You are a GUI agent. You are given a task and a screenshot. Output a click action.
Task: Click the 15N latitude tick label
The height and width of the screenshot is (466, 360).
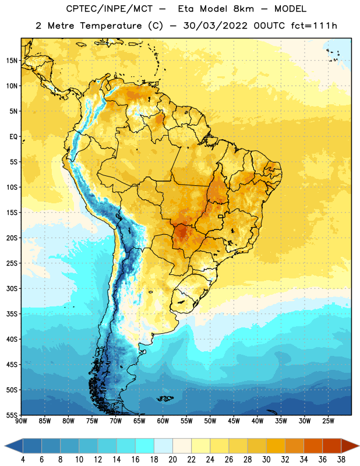coord(12,61)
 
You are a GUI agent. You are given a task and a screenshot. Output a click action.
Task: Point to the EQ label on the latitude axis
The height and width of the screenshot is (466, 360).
coord(13,137)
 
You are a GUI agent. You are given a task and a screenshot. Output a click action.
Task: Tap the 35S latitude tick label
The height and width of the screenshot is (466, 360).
coord(12,314)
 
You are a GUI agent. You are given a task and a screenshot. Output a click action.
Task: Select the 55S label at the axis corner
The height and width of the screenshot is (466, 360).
coord(12,415)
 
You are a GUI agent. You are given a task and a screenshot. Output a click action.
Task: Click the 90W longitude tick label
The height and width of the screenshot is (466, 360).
coord(22,421)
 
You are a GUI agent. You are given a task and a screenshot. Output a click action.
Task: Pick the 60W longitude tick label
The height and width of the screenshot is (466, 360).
coord(163,421)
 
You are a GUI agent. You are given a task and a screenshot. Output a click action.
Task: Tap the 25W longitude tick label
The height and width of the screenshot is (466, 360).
coord(328,421)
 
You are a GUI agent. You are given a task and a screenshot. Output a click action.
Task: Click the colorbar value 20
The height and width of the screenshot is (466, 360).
coord(172,460)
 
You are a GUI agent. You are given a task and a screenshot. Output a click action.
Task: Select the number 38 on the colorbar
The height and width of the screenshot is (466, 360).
coord(341,460)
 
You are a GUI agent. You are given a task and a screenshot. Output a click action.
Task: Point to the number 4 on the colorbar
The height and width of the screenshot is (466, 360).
coord(23,460)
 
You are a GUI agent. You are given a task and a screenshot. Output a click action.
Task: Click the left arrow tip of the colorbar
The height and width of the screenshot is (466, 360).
coord(5,446)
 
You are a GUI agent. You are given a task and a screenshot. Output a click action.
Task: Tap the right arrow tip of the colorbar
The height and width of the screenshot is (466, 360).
coord(359,446)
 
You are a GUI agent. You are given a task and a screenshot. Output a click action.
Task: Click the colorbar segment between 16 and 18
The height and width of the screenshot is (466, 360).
coord(145,446)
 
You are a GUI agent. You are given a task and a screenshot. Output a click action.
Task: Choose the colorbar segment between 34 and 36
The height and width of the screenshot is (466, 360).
coord(313,446)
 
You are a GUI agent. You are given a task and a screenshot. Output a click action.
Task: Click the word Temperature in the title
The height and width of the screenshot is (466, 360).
coord(111,26)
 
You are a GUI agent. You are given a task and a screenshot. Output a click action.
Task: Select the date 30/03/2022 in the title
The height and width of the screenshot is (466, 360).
coord(216,26)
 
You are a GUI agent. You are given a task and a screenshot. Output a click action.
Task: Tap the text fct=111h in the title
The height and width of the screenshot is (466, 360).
coord(314,26)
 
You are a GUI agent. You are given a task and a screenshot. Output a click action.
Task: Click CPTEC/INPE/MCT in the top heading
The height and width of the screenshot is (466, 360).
coord(110,9)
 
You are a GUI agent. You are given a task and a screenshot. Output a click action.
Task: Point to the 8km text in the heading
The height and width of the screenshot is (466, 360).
coord(243,9)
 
